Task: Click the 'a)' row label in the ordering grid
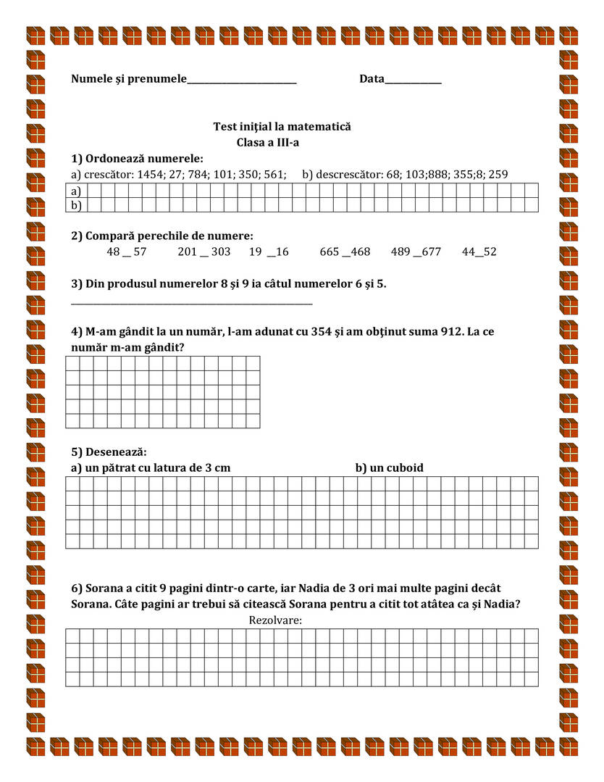tap(75, 191)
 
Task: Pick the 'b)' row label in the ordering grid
tap(75, 205)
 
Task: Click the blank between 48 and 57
tap(127, 254)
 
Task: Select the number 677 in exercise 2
tap(427, 252)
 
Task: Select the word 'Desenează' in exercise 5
tap(115, 453)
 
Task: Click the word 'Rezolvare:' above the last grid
tap(275, 620)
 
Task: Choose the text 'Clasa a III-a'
tap(268, 143)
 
